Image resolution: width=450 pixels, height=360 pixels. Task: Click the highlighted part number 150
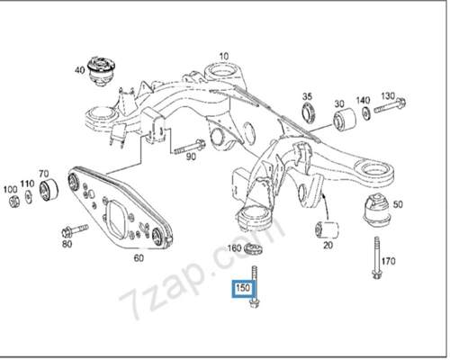[243, 288]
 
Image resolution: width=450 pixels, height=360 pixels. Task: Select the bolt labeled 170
[376, 257]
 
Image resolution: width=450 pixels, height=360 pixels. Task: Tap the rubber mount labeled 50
[376, 210]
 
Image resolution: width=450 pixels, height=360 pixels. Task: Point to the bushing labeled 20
[327, 229]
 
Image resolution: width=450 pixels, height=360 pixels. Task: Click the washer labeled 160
[254, 249]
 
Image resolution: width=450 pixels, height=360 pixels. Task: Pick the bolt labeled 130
[390, 105]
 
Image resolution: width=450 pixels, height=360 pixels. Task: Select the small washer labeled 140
[366, 112]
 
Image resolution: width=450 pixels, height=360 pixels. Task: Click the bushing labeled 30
[345, 120]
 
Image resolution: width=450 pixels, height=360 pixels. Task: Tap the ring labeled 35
[309, 112]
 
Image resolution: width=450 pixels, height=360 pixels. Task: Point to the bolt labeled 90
[189, 147]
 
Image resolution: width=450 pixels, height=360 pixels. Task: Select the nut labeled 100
[13, 201]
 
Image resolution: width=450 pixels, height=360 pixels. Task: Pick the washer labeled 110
[29, 196]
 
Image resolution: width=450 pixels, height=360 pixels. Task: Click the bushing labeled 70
[49, 190]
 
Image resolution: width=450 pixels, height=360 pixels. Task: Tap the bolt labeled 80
[75, 230]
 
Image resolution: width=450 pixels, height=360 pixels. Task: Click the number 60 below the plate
[139, 257]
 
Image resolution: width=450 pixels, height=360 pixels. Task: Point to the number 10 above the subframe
[224, 56]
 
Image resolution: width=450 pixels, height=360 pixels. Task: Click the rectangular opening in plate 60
[118, 218]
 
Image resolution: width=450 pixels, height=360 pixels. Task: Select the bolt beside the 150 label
[255, 287]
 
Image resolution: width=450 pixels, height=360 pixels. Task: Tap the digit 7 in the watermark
[130, 303]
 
